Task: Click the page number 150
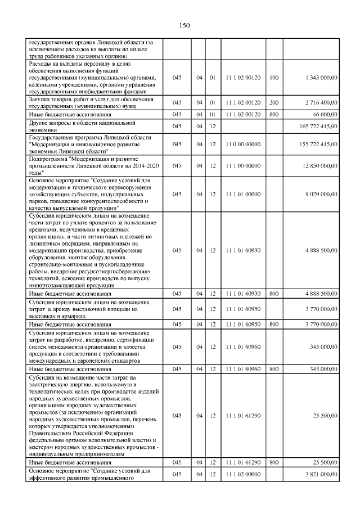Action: point(185,25)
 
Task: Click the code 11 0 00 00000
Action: point(242,145)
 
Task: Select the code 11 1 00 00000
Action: point(242,166)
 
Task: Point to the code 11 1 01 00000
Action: point(242,194)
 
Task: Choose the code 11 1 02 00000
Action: point(242,475)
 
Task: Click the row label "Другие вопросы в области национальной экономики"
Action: point(83,126)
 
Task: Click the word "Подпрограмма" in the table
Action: point(48,159)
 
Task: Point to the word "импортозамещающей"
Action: point(54,286)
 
